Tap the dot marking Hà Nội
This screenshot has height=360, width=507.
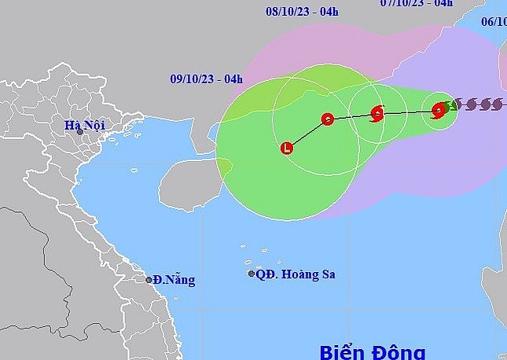click(x=80, y=132)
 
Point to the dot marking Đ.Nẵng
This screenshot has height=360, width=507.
click(x=149, y=279)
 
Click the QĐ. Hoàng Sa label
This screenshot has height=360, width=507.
click(x=296, y=274)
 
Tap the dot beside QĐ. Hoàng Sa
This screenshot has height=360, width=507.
click(x=252, y=274)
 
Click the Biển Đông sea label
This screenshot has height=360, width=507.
click(x=372, y=351)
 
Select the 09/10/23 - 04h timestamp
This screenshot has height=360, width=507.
click(x=207, y=78)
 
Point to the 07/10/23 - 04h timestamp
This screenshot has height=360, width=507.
click(x=417, y=3)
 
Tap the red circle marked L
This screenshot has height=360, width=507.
click(x=286, y=147)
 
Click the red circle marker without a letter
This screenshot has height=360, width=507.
click(x=328, y=119)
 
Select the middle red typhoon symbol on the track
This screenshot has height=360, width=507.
click(x=377, y=114)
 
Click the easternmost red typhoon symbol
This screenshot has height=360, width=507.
click(x=439, y=111)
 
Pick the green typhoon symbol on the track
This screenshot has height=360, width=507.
click(x=450, y=105)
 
